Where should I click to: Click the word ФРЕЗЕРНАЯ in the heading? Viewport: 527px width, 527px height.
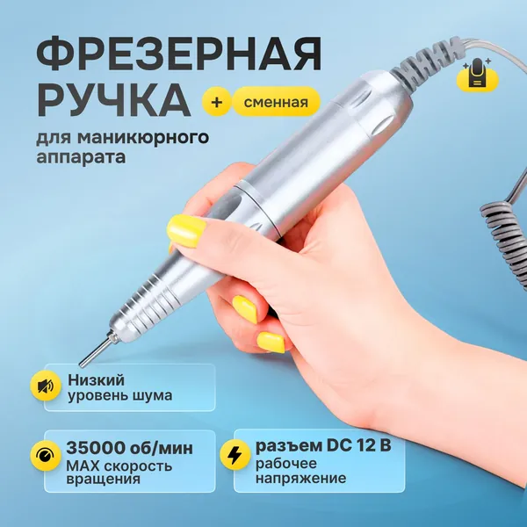coord(179,54)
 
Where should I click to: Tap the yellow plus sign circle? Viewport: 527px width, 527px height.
coord(217,102)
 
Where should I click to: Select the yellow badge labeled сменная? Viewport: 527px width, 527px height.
coord(276,102)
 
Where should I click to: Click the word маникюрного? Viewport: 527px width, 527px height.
coord(143,137)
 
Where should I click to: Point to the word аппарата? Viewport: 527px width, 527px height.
coord(81,157)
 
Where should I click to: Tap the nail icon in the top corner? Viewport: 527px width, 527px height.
coord(478,75)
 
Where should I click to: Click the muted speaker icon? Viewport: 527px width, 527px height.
coord(46,386)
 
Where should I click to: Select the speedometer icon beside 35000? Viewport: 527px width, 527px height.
coord(46,456)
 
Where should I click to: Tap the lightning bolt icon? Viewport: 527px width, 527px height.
coord(235,455)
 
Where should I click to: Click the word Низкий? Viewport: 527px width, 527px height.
coord(96,380)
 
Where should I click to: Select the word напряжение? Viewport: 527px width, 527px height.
coord(300,479)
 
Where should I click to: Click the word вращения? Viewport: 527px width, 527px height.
coord(103,479)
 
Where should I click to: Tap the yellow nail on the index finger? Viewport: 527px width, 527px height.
coord(186,231)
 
